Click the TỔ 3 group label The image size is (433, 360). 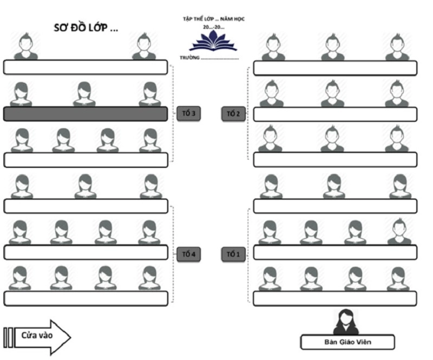point(189,114)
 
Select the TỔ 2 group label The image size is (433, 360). point(233,114)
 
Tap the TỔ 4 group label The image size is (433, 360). point(189,254)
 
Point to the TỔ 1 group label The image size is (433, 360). point(233,254)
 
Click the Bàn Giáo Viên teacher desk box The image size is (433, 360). point(347,342)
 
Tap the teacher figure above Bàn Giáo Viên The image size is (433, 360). point(346,322)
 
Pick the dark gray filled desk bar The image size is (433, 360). point(86,114)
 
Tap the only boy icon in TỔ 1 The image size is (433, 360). point(399,231)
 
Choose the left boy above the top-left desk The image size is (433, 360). point(25,46)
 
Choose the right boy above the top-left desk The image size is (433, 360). point(143,46)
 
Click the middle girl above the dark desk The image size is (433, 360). point(84,94)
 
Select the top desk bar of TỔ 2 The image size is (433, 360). point(335,68)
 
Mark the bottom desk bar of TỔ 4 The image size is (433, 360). point(86,299)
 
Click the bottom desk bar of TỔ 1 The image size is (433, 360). point(335,299)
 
